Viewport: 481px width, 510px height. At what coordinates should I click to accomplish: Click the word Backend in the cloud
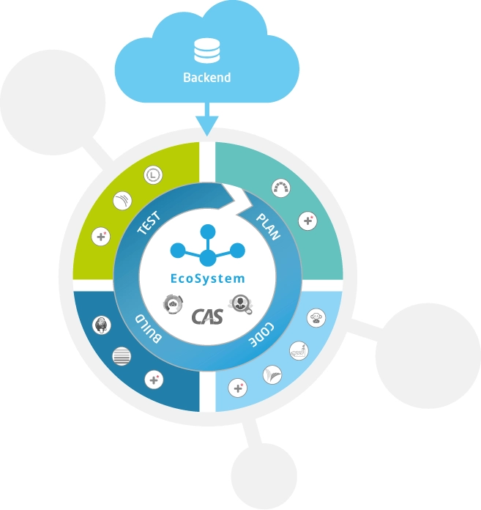(207, 77)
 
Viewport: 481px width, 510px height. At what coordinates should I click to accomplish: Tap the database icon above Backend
(207, 51)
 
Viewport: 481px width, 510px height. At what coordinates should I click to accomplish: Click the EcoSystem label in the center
(208, 279)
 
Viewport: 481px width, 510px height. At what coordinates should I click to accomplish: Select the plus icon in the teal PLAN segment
(309, 219)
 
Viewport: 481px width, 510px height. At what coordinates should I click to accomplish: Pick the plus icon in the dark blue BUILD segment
(153, 380)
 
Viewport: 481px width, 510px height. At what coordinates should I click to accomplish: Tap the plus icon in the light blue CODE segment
(237, 387)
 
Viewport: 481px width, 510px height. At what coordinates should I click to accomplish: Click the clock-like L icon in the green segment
(153, 174)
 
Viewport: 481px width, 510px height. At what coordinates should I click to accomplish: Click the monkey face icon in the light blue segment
(316, 319)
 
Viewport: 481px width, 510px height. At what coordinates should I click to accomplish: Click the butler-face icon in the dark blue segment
(102, 325)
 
